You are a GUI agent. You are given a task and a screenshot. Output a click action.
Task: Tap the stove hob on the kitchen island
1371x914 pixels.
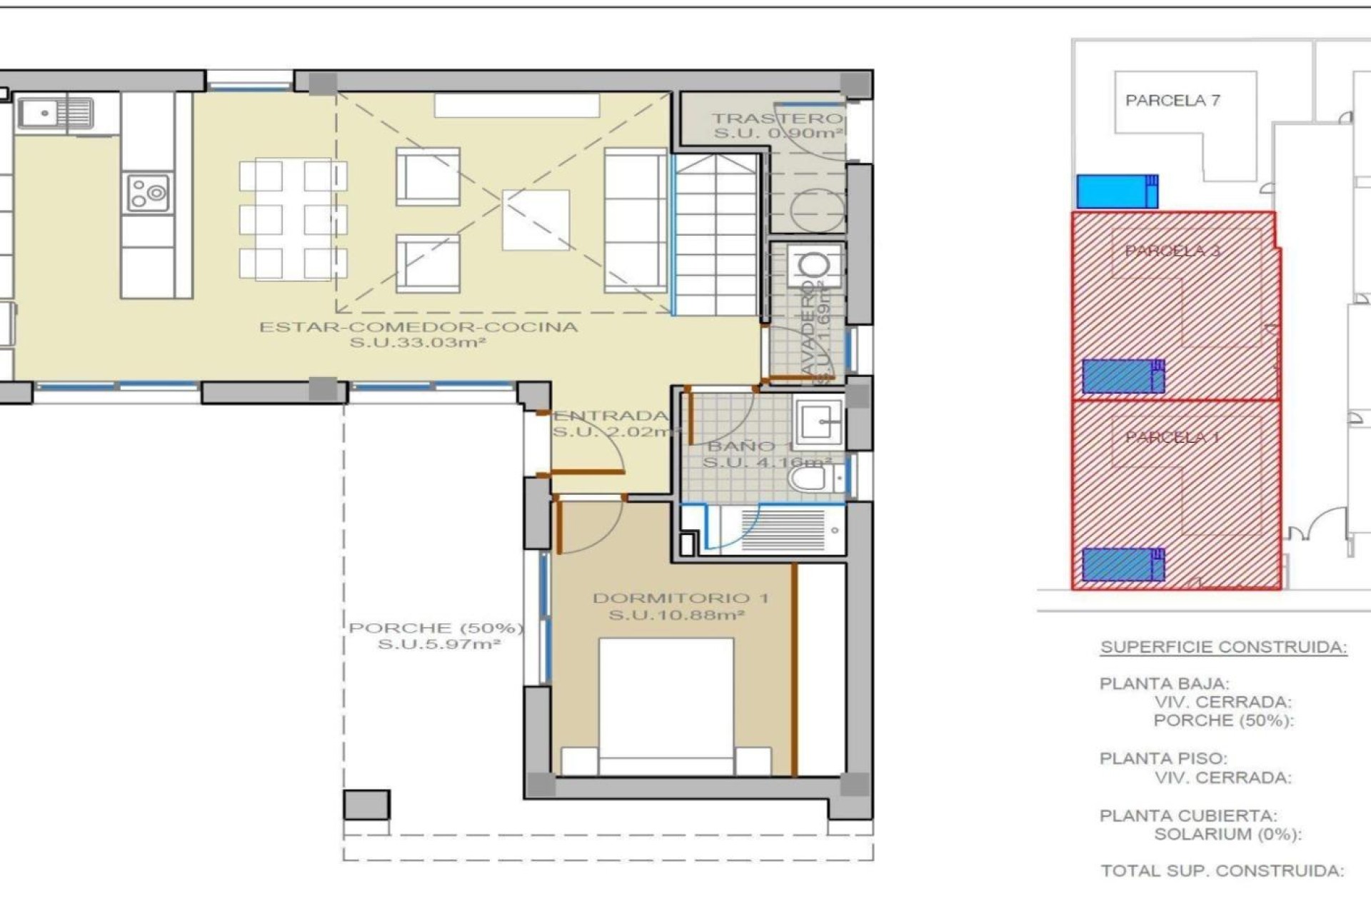point(149,193)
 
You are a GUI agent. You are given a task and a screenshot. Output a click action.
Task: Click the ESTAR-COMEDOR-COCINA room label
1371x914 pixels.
point(418,328)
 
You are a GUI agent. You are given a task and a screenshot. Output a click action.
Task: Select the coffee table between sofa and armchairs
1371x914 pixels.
point(536,219)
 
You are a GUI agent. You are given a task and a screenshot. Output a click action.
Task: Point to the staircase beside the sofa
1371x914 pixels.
point(715,236)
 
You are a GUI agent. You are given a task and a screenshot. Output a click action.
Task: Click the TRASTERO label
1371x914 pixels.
point(777,119)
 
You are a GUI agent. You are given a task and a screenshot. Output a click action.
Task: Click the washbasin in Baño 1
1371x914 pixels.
point(818,422)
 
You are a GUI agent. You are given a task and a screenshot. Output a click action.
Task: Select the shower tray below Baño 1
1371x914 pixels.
point(782,531)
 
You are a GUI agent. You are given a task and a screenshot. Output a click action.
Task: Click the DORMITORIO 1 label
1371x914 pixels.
point(680,598)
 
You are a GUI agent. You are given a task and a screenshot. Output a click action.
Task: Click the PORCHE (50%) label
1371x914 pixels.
point(436,628)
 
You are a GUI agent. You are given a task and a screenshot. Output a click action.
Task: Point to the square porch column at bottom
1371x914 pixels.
point(366,805)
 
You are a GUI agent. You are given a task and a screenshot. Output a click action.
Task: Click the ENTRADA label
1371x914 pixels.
point(611,416)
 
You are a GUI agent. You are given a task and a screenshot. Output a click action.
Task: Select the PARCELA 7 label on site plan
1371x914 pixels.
point(1172,101)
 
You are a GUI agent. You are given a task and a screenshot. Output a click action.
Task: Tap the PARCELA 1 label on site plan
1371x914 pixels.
point(1172,437)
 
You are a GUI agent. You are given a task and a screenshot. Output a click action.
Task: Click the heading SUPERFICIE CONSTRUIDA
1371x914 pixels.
point(1223,648)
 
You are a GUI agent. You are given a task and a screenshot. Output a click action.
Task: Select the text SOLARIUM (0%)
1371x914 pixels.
point(1227,834)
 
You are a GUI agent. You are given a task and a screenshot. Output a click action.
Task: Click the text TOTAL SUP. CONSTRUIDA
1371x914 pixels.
point(1222,871)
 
